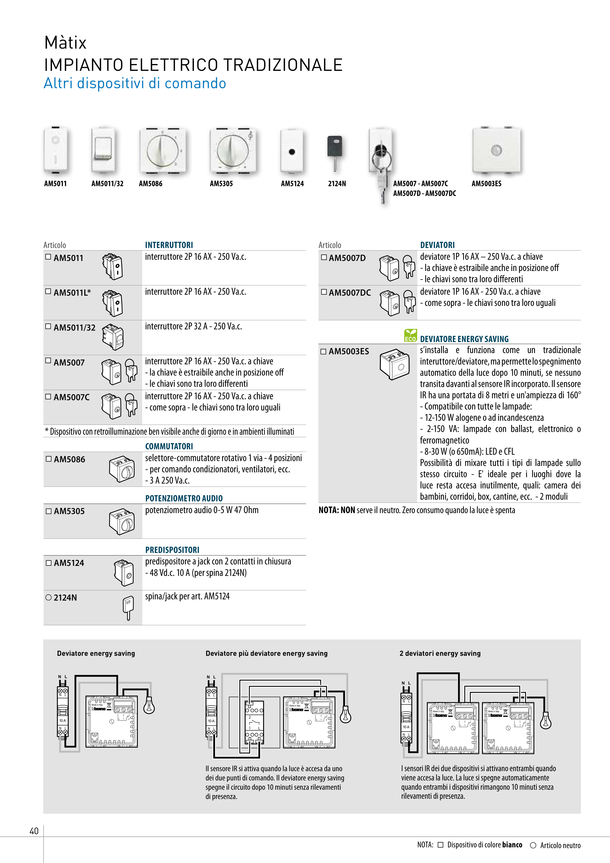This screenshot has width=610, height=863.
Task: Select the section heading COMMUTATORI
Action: [169, 446]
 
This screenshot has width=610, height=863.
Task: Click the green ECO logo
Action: [410, 335]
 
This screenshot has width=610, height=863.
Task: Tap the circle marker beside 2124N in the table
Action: [48, 597]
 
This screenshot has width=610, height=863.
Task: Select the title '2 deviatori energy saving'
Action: [440, 653]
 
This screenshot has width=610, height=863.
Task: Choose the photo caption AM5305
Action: [221, 184]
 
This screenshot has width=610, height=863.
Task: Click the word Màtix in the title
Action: [65, 43]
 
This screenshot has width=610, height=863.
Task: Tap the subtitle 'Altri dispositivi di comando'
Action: [135, 83]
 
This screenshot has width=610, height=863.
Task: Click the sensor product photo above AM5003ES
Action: [496, 150]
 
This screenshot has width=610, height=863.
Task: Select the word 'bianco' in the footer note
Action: [512, 845]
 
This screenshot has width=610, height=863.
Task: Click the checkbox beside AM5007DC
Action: [324, 292]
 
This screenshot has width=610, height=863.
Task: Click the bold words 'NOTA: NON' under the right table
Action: [337, 510]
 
